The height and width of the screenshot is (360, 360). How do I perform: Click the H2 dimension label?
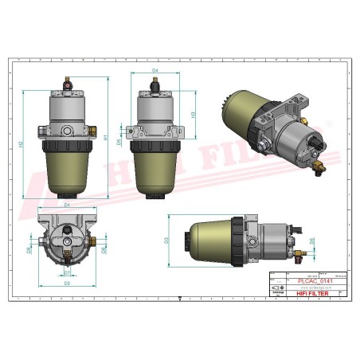click(x=21, y=143)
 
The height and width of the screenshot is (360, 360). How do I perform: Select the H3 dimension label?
click(x=194, y=115)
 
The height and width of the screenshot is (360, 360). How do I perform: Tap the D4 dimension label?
click(x=156, y=71)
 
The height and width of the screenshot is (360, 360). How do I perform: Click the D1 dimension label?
click(x=68, y=205)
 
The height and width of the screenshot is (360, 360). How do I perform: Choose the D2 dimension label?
click(x=67, y=283)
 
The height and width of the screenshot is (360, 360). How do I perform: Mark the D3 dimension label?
click(x=166, y=239)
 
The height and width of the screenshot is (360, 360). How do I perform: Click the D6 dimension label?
click(x=312, y=239)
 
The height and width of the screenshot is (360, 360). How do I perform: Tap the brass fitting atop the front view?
click(x=68, y=81)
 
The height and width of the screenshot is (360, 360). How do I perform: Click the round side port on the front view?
click(x=68, y=130)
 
